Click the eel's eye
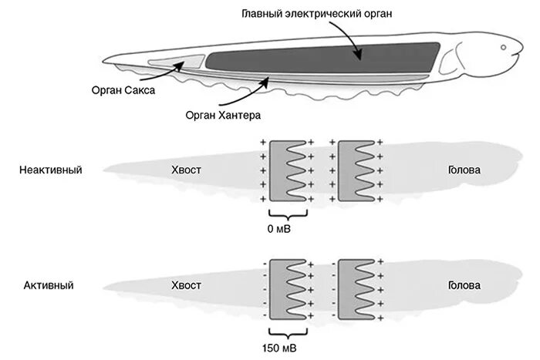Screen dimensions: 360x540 504,48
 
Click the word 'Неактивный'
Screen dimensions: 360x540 51,170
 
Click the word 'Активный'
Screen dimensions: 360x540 49,285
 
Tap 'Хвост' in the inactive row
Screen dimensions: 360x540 186,170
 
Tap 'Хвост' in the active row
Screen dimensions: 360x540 186,285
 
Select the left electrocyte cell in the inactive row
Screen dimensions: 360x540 286,172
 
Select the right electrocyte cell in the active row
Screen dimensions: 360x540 356,289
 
